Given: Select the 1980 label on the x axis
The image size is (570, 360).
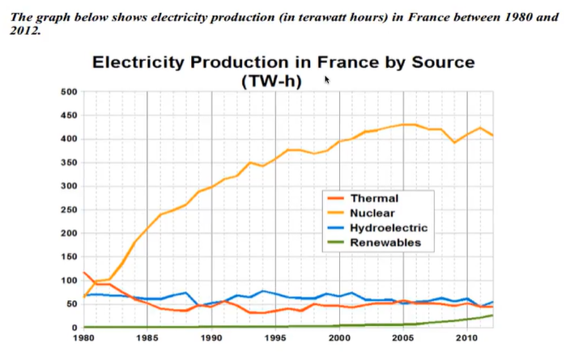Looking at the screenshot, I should click(x=83, y=338).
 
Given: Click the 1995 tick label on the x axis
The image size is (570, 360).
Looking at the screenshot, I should click(x=275, y=338).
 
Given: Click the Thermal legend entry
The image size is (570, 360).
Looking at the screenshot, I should click(x=375, y=197).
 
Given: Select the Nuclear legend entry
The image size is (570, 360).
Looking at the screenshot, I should click(x=373, y=213).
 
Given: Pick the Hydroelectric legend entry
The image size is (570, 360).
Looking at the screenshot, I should click(x=389, y=228).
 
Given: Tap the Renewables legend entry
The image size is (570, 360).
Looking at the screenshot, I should click(x=386, y=243).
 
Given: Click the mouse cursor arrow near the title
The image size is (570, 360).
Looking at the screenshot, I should click(x=327, y=79).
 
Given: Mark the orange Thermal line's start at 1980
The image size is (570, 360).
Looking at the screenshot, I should click(x=84, y=273).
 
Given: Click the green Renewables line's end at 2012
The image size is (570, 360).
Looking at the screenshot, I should click(x=492, y=315).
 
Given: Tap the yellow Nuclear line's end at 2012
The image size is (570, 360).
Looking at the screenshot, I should click(x=492, y=135).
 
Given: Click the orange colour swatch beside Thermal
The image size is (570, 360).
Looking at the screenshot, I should click(x=335, y=198).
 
